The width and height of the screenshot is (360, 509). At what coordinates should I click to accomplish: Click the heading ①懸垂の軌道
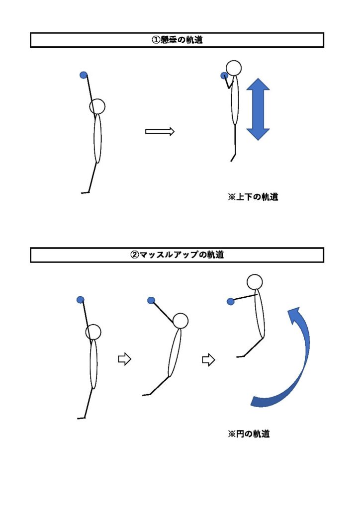[177, 40]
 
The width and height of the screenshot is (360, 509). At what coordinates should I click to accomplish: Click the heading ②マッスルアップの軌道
[177, 255]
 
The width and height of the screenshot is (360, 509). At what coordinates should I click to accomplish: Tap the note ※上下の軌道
[253, 197]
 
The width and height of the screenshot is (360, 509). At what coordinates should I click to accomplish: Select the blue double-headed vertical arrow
[258, 109]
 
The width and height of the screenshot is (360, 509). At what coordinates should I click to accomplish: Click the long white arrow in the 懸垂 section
[160, 131]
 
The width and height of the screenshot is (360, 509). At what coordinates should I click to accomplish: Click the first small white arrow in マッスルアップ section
[124, 359]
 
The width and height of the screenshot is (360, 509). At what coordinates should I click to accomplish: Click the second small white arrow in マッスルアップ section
[208, 359]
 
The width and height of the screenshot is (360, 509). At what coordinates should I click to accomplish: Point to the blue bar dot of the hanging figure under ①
[84, 75]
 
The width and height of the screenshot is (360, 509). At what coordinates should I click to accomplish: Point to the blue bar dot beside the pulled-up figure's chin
[224, 76]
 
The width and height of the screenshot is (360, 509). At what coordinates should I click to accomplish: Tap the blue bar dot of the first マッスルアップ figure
[80, 299]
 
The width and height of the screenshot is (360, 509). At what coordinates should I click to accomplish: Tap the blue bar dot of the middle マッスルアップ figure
[151, 300]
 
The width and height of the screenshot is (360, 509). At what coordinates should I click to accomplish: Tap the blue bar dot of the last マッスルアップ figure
[230, 301]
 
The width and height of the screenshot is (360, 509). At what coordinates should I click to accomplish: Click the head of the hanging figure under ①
[97, 106]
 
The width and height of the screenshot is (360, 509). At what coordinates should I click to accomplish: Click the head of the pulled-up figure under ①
[233, 67]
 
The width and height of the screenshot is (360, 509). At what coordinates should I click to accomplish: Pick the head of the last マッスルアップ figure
[255, 281]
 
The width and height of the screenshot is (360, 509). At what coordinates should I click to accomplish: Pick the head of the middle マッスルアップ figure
[180, 321]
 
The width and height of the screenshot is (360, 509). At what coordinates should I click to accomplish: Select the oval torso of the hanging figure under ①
[97, 139]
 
